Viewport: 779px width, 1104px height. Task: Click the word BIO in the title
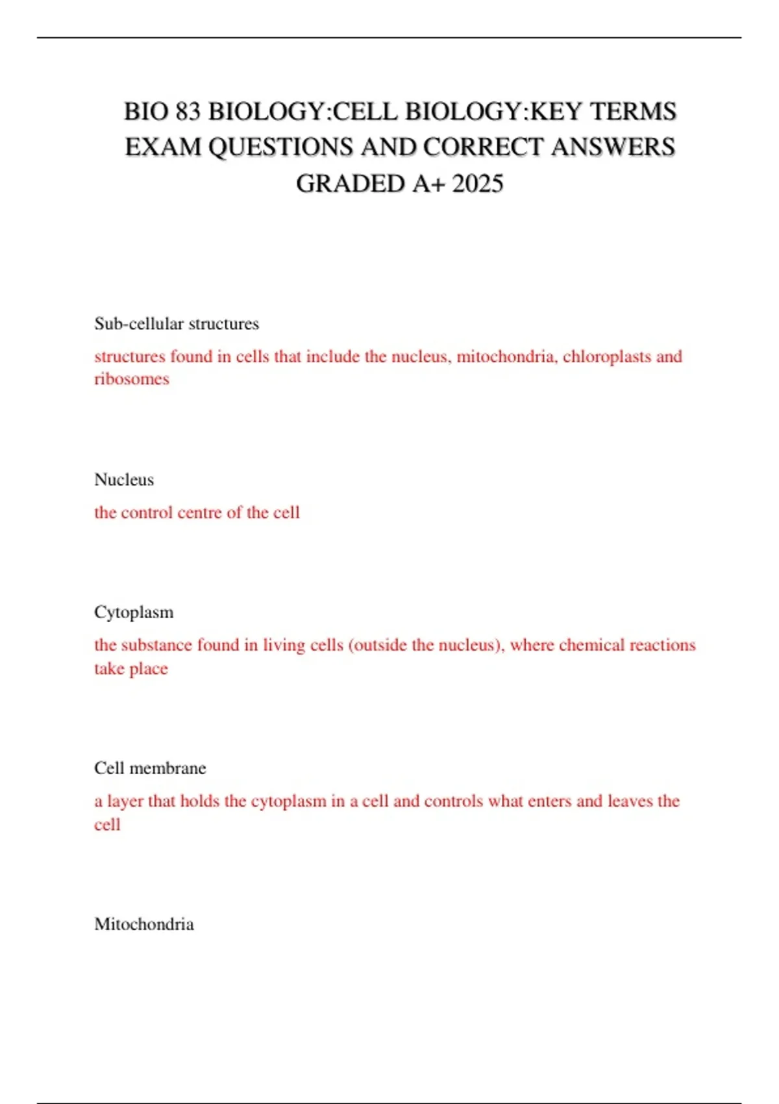tap(146, 112)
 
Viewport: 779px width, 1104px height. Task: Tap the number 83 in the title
tap(188, 112)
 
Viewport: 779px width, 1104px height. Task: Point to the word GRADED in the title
tap(351, 184)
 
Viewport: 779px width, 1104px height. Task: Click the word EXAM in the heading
tap(163, 147)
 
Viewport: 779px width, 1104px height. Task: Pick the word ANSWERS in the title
tap(613, 147)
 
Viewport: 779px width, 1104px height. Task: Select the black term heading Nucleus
tap(124, 480)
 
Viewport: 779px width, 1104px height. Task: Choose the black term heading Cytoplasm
tap(134, 612)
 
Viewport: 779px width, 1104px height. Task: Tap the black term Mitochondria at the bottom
tap(144, 924)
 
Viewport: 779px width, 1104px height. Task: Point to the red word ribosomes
tap(132, 379)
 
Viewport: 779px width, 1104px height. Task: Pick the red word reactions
tap(662, 645)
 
